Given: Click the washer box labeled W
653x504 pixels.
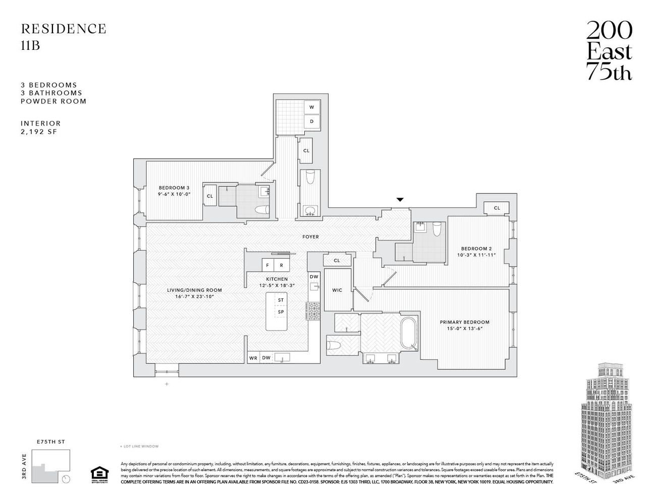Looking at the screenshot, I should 311,107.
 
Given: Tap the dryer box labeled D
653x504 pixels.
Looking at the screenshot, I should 311,121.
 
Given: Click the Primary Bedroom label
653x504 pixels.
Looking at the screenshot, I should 464,322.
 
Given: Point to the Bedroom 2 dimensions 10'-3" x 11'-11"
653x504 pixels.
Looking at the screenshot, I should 476,255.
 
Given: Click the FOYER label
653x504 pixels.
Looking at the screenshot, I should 311,236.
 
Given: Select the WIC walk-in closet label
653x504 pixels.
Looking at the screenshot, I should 337,290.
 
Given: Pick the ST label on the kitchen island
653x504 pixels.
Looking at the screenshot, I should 281,300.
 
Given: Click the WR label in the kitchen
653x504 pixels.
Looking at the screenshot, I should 253,358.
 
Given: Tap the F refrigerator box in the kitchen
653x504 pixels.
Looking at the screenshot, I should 266,265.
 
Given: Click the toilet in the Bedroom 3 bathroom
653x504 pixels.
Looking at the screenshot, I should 261,210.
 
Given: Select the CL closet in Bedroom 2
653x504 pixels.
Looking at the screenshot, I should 497,208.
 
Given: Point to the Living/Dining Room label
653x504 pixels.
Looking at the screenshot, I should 194,290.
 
